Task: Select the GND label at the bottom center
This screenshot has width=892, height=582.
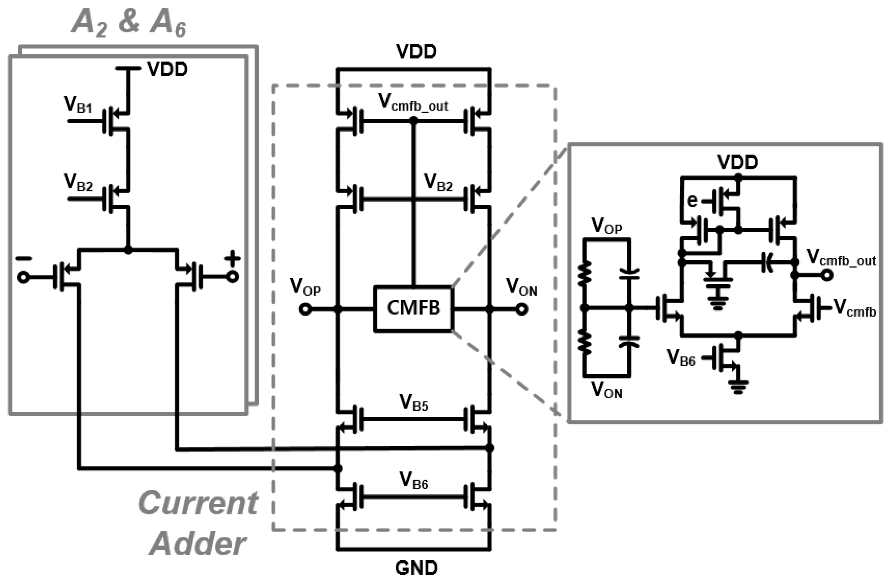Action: pos(416,568)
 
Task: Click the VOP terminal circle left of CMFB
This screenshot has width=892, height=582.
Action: pos(305,309)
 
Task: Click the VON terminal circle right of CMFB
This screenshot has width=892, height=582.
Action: pos(522,309)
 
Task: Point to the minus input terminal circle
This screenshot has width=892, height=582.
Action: pos(23,278)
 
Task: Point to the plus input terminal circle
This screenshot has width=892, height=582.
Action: pos(233,277)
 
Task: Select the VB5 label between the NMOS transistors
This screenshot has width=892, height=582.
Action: pos(413,403)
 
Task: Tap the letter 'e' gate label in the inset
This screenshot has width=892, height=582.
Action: pos(692,201)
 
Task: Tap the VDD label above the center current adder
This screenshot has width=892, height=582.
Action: pos(416,52)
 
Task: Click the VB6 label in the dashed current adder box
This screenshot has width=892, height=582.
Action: pos(413,481)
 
